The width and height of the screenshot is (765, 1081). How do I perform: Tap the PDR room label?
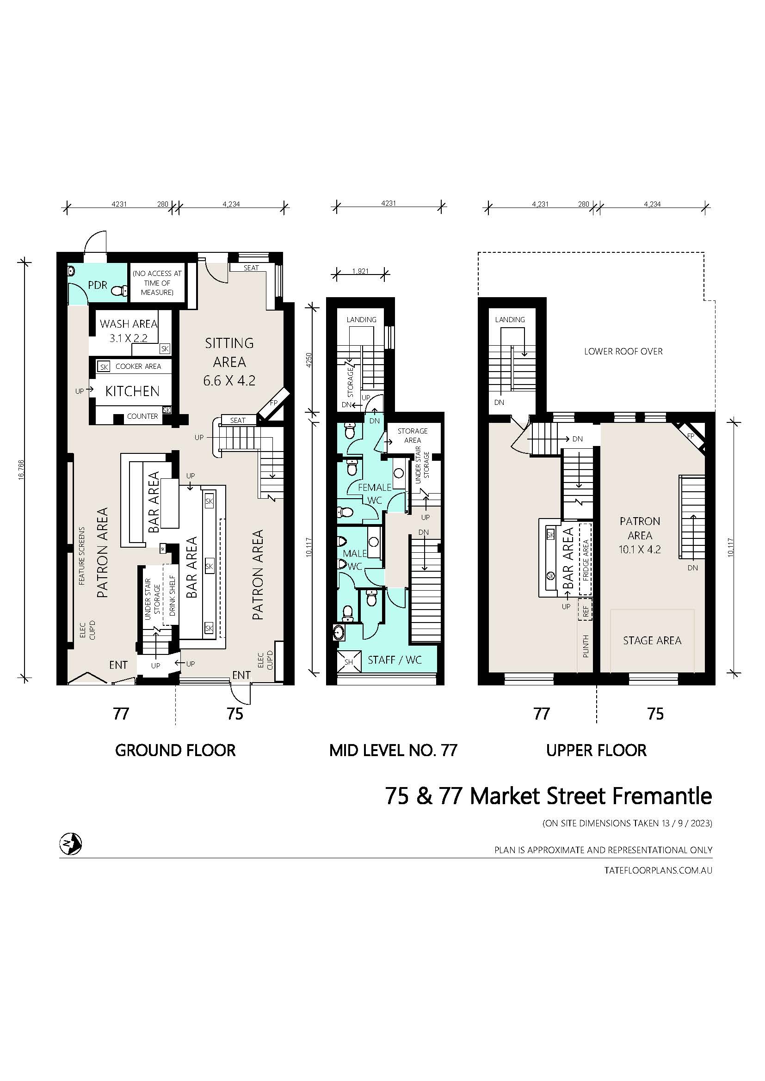98,285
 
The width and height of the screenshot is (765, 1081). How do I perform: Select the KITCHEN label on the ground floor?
132,391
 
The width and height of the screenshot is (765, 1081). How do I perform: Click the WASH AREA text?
129,324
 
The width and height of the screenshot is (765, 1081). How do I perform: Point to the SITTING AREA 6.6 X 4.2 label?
229,361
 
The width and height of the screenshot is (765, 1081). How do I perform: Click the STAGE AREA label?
652,640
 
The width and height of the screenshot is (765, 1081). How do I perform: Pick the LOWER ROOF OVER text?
623,351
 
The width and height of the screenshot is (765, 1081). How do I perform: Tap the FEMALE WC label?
375,494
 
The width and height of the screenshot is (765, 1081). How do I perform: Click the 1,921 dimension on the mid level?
360,271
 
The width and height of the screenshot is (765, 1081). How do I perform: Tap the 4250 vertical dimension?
309,360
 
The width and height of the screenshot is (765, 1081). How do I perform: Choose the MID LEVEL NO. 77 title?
393,751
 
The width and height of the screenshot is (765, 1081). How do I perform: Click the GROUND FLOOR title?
175,751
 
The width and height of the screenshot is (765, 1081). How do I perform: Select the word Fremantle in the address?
662,796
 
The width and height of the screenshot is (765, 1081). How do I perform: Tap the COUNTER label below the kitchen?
142,416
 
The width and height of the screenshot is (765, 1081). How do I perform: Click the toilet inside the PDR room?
121,292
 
